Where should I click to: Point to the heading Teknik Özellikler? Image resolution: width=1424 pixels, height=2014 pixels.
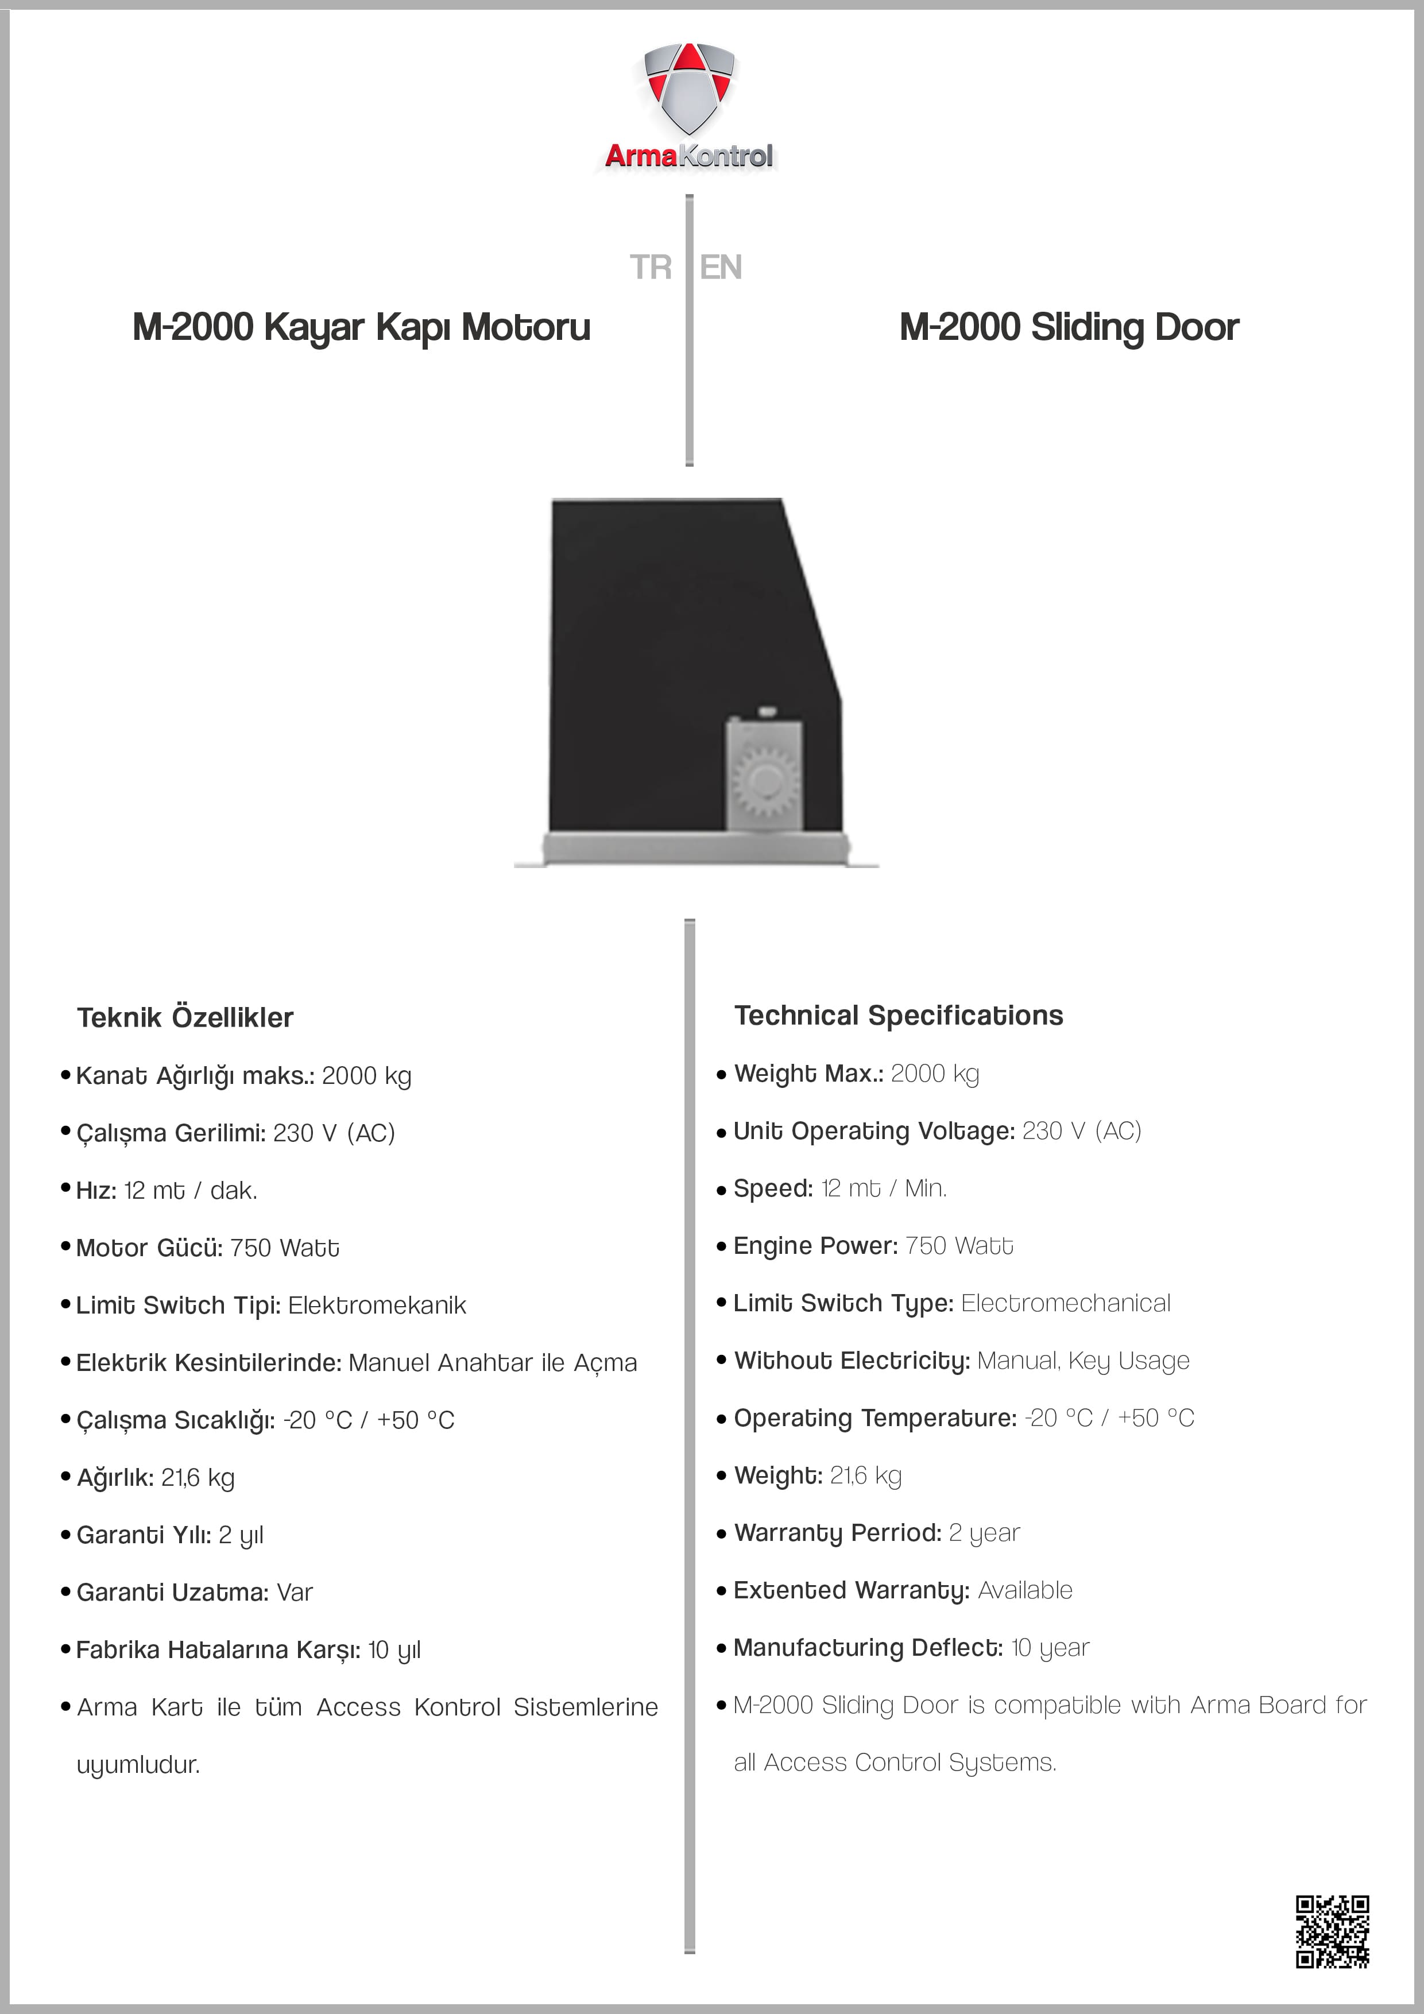click(185, 1017)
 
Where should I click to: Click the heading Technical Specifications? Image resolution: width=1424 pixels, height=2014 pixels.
click(899, 1016)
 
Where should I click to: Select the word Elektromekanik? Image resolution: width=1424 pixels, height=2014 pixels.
click(377, 1305)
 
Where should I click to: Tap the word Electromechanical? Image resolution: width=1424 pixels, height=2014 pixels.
click(1065, 1303)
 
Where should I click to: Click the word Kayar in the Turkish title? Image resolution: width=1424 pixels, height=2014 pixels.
click(314, 328)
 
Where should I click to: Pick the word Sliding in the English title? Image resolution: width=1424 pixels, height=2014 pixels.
click(1088, 328)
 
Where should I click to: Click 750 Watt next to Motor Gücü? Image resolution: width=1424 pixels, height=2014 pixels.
click(284, 1248)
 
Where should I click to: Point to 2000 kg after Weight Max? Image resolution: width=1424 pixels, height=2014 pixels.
click(934, 1074)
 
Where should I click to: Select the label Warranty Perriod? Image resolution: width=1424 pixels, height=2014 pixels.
click(837, 1533)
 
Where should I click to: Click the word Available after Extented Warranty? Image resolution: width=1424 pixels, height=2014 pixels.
click(1025, 1590)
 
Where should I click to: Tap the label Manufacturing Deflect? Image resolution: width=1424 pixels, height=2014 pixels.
click(868, 1648)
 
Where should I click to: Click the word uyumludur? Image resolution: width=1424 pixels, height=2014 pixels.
click(138, 1765)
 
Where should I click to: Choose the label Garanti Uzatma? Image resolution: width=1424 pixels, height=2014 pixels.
click(172, 1592)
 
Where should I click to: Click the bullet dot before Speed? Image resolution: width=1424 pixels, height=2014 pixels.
click(721, 1190)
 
